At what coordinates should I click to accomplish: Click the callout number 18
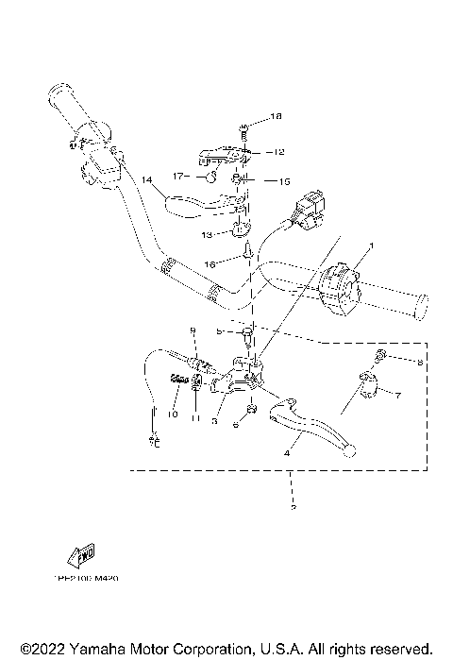pos(277,117)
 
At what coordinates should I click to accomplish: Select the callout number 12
pos(277,151)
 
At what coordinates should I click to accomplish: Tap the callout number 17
pos(176,176)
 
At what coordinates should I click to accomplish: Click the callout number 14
pos(146,178)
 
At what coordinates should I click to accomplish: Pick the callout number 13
pos(207,234)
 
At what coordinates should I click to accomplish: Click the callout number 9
pos(192,330)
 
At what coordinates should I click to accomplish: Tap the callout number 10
pos(173,414)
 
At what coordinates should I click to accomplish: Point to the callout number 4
pos(286,453)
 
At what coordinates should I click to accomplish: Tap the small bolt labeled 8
pos(378,356)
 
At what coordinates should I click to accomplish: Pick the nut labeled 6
pos(250,411)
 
